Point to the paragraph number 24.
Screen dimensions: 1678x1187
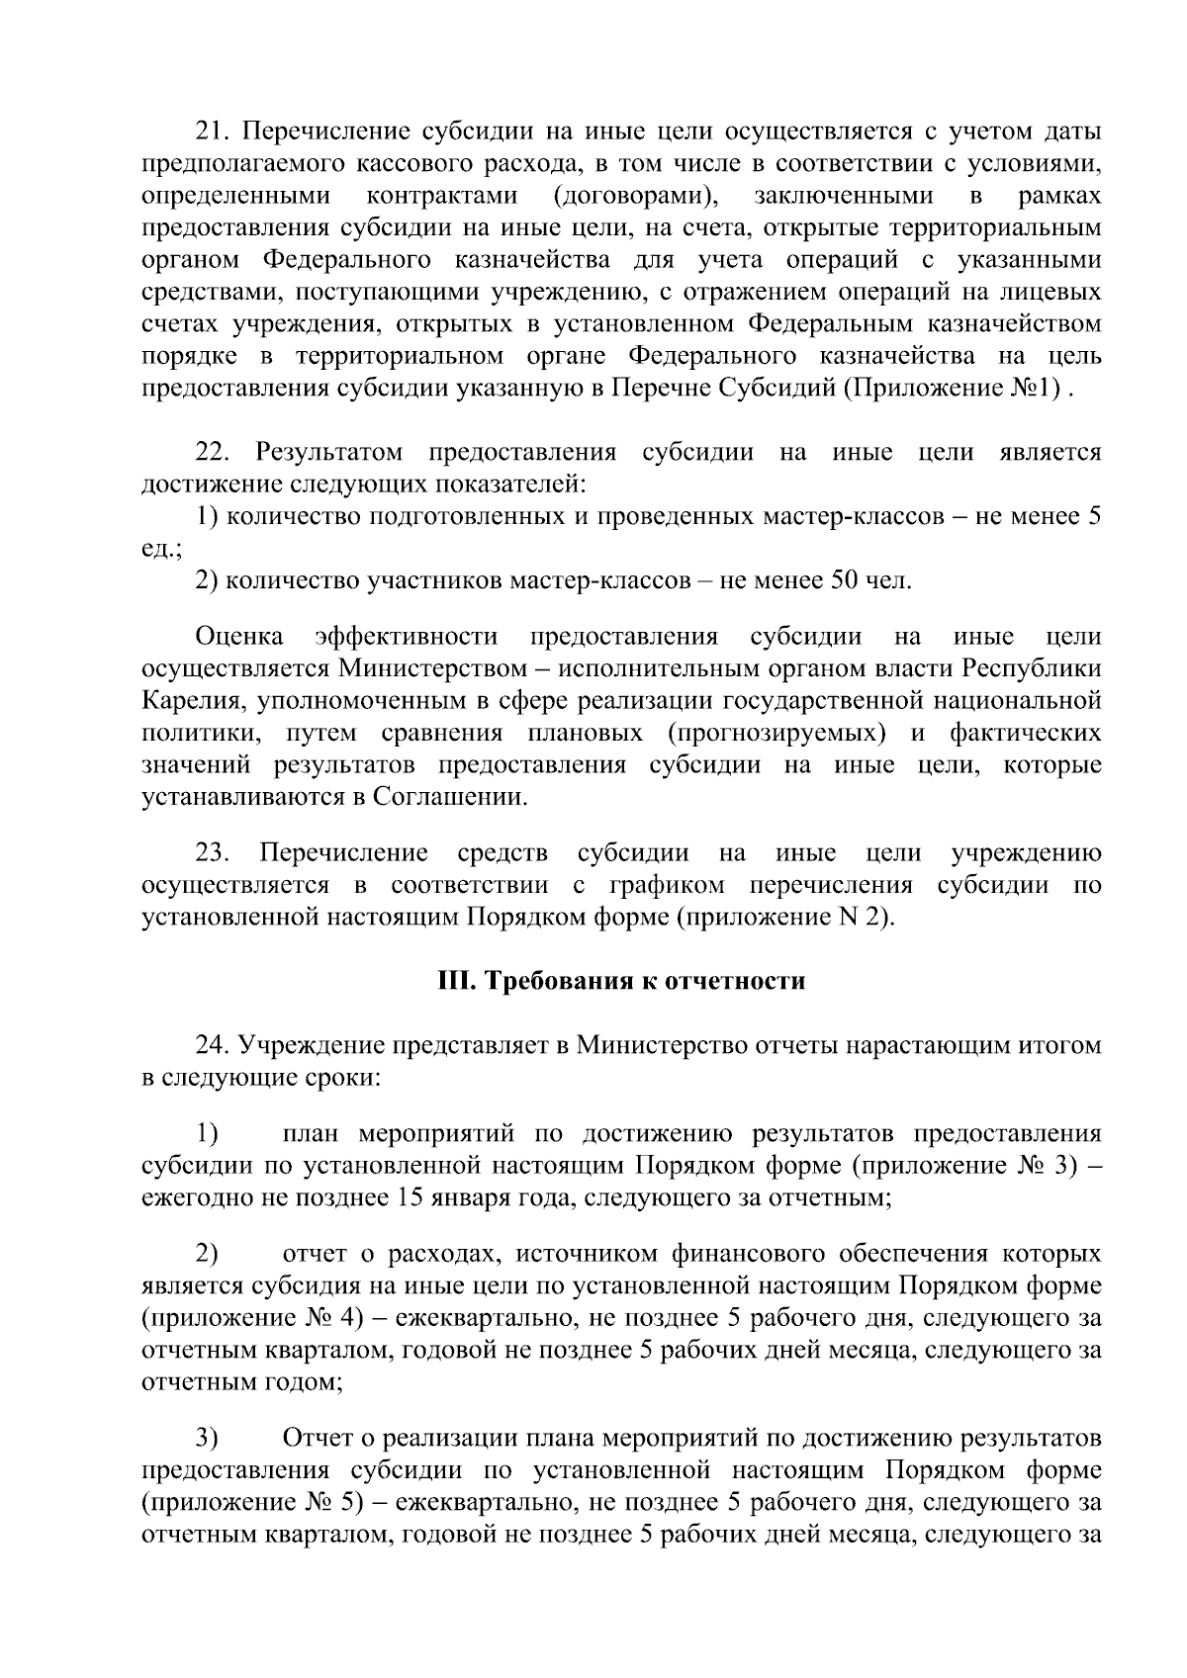click(214, 1045)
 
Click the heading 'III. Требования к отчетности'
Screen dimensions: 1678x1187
click(621, 981)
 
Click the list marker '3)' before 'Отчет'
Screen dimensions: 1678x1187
click(206, 1437)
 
